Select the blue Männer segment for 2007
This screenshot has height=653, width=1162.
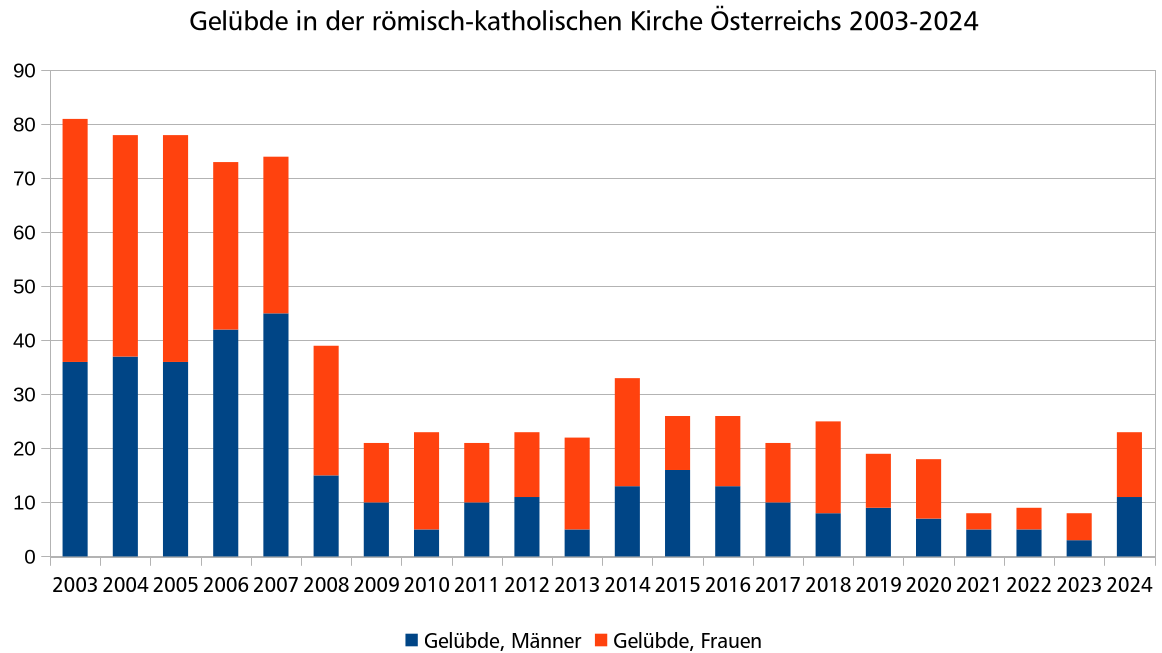[276, 435]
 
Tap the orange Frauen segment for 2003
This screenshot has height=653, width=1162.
[75, 240]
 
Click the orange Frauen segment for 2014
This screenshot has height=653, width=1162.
[627, 432]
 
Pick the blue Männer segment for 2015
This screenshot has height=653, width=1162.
[677, 513]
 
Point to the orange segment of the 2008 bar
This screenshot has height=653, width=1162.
[326, 410]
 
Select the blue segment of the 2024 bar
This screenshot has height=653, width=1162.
[1129, 527]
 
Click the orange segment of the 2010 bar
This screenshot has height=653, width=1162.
[426, 480]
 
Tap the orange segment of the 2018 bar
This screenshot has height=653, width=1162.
[828, 467]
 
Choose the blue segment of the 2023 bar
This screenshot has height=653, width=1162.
[1079, 548]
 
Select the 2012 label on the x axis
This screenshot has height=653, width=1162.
[527, 585]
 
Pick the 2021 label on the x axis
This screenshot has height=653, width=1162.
[979, 585]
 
